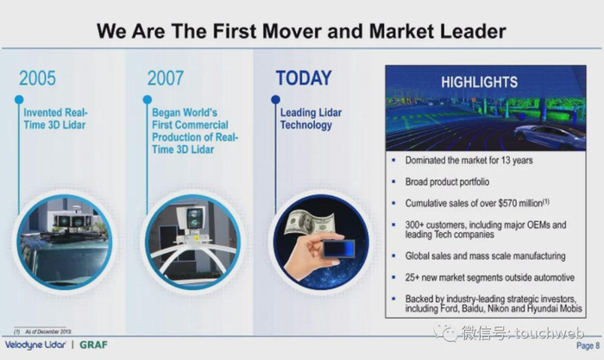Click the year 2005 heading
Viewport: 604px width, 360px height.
(37, 79)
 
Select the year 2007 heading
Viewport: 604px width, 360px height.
(166, 79)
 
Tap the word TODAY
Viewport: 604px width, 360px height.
(304, 79)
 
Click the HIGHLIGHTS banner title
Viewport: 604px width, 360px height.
(479, 82)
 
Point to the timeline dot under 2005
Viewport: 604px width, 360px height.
(19, 99)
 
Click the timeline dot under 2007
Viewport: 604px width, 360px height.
(148, 99)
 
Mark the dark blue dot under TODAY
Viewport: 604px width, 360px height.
(275, 99)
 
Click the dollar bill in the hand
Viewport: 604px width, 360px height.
(309, 224)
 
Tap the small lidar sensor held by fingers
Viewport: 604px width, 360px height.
(338, 249)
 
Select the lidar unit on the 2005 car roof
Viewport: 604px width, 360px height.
(72, 220)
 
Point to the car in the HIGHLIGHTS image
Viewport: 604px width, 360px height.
(550, 136)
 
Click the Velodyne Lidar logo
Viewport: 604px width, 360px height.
(35, 344)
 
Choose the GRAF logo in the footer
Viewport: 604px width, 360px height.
(93, 344)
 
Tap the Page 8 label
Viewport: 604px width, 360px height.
(588, 345)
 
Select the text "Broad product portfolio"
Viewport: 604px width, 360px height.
(447, 181)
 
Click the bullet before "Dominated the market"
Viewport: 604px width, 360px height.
(393, 160)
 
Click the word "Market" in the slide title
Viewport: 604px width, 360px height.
(402, 31)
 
